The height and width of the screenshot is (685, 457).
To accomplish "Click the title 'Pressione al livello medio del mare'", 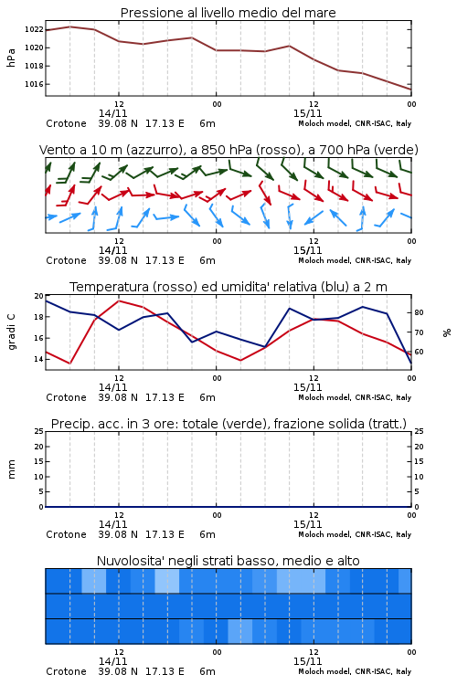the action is [x=228, y=13].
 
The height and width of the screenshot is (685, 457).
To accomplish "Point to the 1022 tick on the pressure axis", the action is [x=34, y=30].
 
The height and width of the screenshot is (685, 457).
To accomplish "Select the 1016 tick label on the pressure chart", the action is [x=34, y=84].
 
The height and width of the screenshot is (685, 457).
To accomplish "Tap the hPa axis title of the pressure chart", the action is [x=11, y=58].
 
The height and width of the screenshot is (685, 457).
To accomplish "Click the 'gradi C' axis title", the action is [x=11, y=332].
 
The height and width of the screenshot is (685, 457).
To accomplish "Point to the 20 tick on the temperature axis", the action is [x=39, y=296].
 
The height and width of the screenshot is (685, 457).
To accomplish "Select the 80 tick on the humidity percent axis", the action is [x=419, y=312].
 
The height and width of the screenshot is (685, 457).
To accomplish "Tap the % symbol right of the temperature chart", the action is [x=447, y=332].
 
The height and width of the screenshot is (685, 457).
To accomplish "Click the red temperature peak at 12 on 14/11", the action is [x=119, y=300].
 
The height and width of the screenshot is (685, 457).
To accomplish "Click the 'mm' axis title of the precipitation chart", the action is [x=11, y=469].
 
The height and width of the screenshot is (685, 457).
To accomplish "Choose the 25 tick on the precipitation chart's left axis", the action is [x=39, y=431].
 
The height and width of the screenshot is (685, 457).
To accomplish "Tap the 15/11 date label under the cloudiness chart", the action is [x=307, y=661].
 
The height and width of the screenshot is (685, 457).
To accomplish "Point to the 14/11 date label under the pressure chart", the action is [x=112, y=113].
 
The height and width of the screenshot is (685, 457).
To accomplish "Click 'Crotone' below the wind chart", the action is [x=66, y=260].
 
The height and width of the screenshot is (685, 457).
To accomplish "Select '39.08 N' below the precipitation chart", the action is [x=118, y=534].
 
